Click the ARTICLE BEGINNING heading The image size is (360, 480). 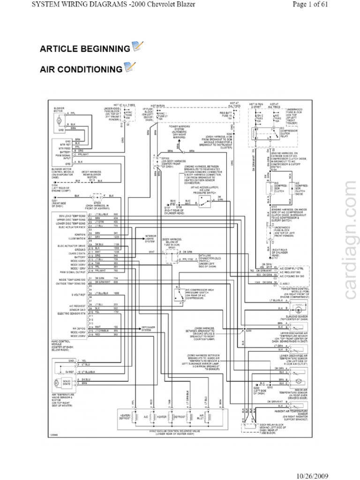[x=85, y=49]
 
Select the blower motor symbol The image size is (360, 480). [x=60, y=121]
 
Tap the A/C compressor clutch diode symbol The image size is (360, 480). [x=291, y=188]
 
